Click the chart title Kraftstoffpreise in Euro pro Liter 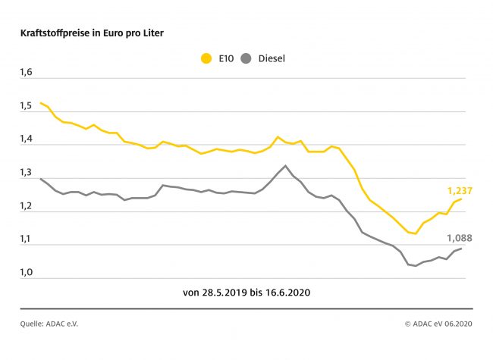pos(92,33)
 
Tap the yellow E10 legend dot pos(205,58)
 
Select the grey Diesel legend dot pos(245,58)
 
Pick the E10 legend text pos(225,58)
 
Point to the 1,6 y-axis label pos(27,72)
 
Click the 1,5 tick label pos(27,105)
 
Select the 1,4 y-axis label pos(27,139)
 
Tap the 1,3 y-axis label pos(27,172)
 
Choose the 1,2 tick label pos(27,206)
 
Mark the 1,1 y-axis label pos(27,239)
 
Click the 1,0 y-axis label pos(27,273)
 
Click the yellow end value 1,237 pos(458,190)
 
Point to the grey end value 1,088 pos(458,238)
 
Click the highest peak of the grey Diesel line pos(285,166)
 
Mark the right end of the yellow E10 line pos(461,199)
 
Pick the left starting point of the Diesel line pos(40,179)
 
